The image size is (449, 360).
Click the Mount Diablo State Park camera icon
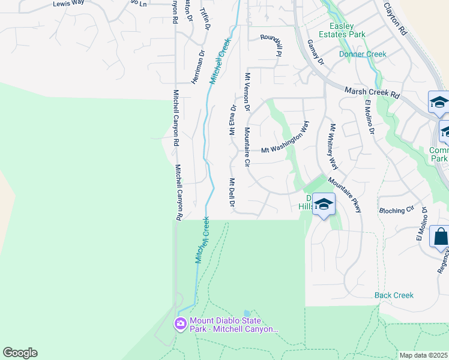coord(180,325)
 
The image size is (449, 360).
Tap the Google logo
coord(20,353)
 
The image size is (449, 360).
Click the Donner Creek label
coord(363,54)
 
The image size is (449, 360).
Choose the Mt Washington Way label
coord(286,140)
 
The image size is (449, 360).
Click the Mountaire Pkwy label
coord(345,195)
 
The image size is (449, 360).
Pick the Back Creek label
coord(394,295)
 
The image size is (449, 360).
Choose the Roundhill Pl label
coord(271,44)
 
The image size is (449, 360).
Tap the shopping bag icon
coord(441,238)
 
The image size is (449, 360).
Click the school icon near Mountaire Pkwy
coord(324,205)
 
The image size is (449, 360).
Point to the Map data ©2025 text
coord(423,355)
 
